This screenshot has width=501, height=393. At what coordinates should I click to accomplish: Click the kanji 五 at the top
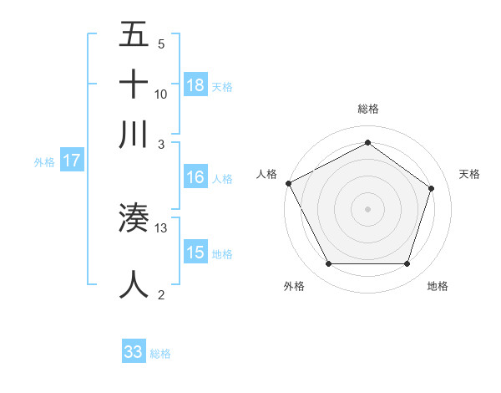click(x=134, y=35)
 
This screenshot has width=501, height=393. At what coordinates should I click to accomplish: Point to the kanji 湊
click(x=134, y=218)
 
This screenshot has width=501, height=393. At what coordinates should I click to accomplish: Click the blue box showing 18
click(x=195, y=85)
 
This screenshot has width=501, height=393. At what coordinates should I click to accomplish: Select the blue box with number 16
click(x=195, y=177)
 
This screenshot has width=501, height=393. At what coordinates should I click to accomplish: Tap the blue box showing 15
click(x=195, y=253)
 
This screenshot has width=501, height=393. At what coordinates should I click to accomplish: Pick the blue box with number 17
click(x=72, y=161)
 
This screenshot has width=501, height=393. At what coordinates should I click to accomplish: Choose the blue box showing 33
click(x=134, y=352)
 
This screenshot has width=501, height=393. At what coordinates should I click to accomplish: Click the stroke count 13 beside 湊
click(x=161, y=228)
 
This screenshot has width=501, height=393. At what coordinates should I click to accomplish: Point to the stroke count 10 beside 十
click(x=161, y=94)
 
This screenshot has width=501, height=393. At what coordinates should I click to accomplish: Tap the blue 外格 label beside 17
click(x=44, y=162)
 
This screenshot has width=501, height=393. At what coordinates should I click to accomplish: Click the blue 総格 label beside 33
click(x=160, y=354)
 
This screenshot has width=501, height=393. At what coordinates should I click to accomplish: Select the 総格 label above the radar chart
click(x=367, y=109)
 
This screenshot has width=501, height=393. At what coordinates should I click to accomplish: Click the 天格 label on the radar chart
click(x=469, y=174)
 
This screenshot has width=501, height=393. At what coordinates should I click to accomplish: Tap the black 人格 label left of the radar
click(x=267, y=174)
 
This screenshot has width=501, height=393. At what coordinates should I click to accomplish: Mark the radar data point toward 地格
click(x=407, y=264)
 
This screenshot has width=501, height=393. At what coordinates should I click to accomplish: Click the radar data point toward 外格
click(x=328, y=264)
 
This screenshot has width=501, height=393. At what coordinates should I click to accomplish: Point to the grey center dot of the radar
click(x=367, y=208)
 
